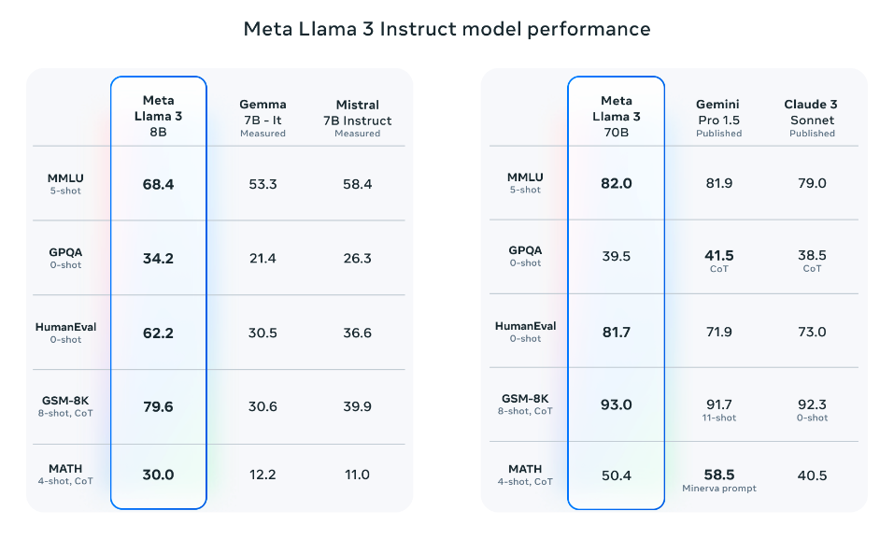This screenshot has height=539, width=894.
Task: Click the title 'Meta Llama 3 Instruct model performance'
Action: (x=447, y=29)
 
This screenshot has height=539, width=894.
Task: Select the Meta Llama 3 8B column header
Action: (x=158, y=116)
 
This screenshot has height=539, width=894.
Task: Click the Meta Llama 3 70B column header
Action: (x=616, y=116)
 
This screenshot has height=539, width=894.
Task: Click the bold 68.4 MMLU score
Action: (x=158, y=184)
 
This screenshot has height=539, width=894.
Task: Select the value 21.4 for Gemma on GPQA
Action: (x=263, y=258)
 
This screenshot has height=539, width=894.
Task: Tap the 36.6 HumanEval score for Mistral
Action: (x=357, y=333)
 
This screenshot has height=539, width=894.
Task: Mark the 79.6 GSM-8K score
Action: (x=158, y=406)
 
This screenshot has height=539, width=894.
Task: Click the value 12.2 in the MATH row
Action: (x=263, y=475)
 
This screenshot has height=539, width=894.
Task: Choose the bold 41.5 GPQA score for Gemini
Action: (x=719, y=255)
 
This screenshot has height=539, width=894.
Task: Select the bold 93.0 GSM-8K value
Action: (x=616, y=405)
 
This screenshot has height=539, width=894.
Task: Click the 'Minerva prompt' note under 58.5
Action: (x=719, y=489)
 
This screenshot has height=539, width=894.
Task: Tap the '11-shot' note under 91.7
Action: (x=719, y=418)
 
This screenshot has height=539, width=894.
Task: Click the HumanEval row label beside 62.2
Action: (x=64, y=327)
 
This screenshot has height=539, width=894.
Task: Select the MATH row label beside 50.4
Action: (x=524, y=468)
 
